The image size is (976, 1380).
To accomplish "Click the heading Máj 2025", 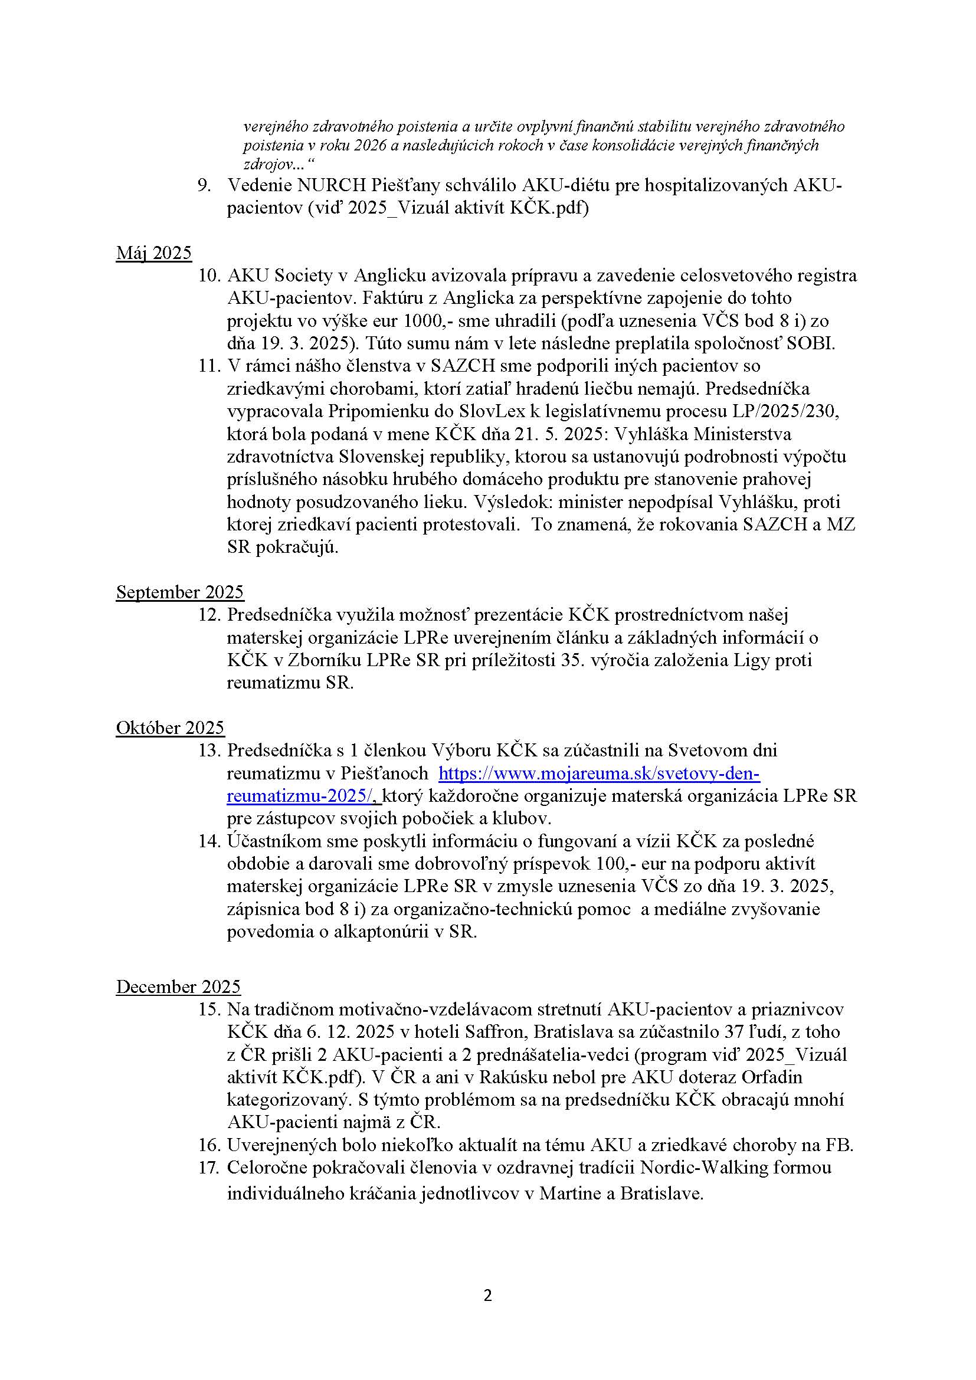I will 154,253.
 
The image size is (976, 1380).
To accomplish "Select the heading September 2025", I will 180,592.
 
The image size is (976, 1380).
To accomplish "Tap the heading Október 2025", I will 170,728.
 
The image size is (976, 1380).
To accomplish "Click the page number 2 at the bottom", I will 487,1296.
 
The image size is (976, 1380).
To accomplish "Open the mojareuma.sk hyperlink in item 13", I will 598,773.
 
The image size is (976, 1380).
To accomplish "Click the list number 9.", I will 204,186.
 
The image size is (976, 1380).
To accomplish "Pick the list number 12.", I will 209,615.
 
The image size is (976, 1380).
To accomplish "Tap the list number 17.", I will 209,1168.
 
